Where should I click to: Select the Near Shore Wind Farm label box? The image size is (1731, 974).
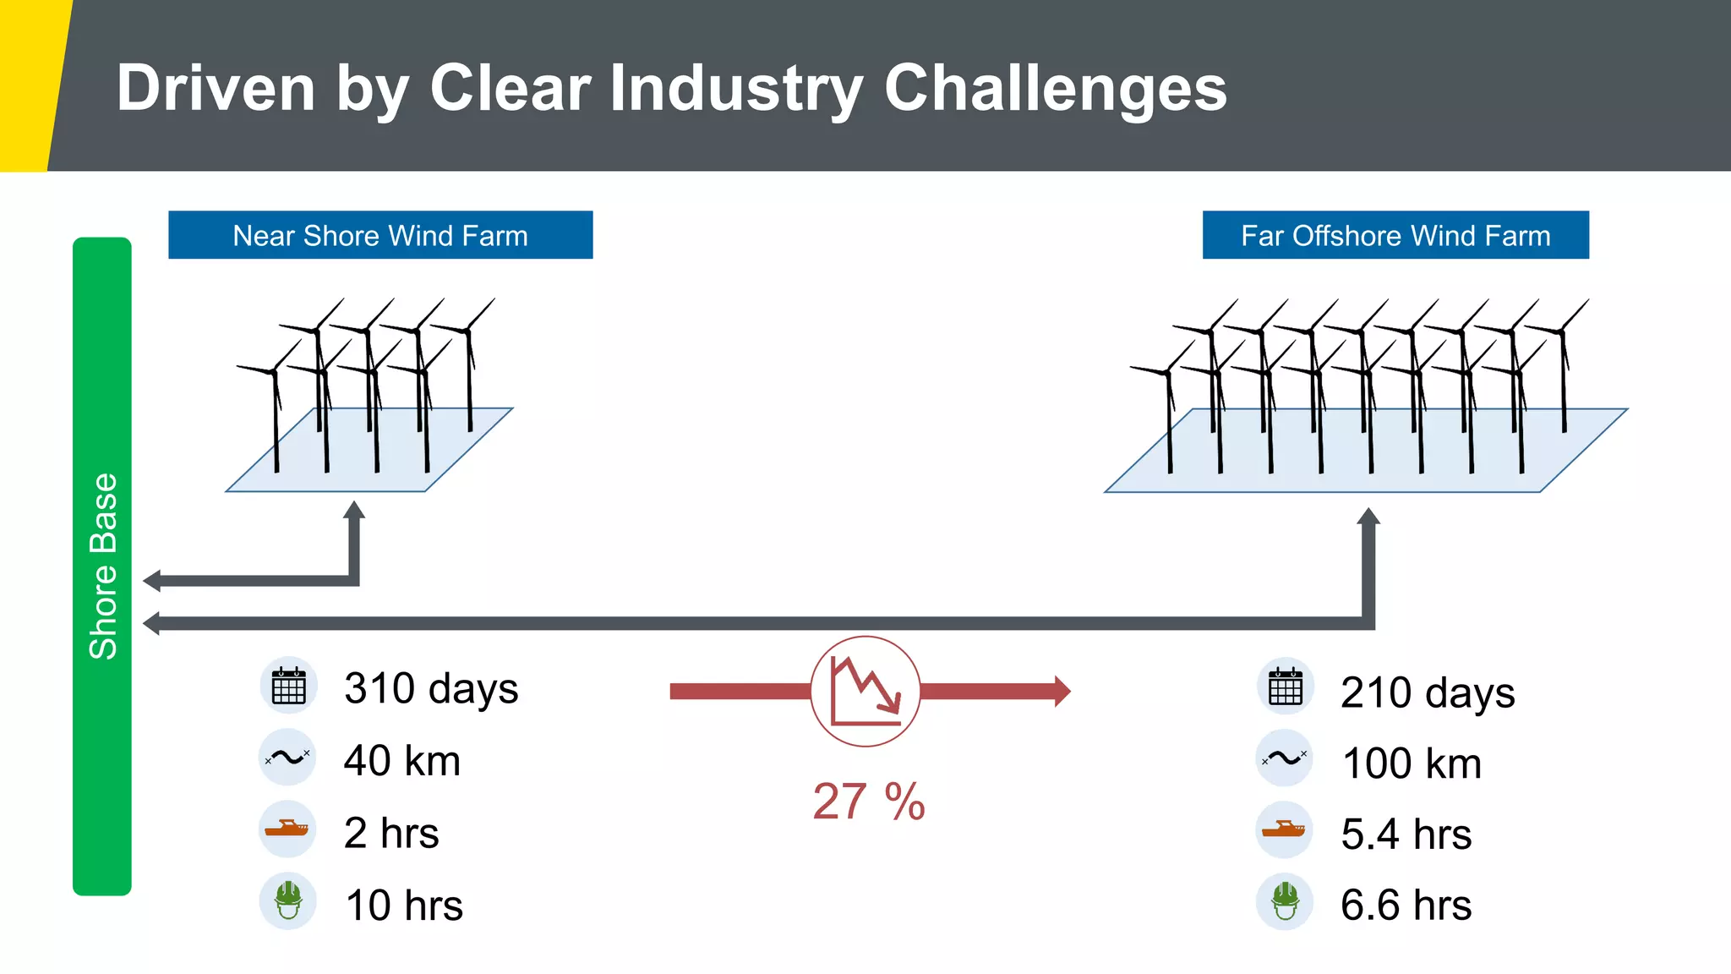(380, 235)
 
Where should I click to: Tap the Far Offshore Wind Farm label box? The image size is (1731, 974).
(1395, 235)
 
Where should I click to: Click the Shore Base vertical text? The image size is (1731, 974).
(103, 566)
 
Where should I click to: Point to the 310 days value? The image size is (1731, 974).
(431, 688)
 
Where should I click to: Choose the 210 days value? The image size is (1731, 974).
(1428, 692)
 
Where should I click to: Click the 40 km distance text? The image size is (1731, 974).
(402, 760)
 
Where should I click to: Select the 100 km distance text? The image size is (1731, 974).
(1412, 763)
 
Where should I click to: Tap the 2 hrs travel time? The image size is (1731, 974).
(391, 833)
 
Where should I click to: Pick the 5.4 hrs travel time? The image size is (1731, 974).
(1406, 834)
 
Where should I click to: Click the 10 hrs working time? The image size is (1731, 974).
(404, 906)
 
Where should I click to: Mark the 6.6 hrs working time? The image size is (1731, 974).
(1406, 906)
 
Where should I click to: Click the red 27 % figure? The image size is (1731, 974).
(869, 802)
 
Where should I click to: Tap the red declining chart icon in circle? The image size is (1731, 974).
(865, 692)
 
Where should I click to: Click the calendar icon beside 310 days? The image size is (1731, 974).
(288, 686)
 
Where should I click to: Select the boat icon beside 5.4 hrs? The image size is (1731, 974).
(1285, 829)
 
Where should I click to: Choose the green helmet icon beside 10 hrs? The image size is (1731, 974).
(288, 901)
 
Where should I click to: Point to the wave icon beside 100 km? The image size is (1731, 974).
(1285, 758)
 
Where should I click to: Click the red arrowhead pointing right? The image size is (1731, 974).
(1062, 692)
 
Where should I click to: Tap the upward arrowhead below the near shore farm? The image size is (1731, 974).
(355, 510)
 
